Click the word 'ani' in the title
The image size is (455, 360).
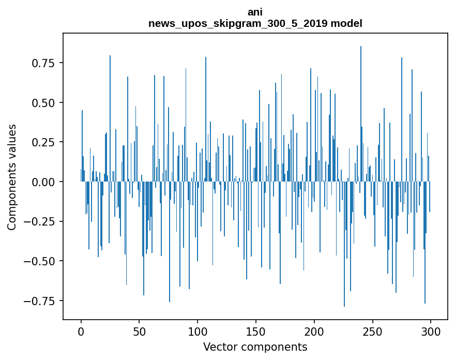click(255, 12)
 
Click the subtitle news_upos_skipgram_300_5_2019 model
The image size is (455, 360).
click(255, 23)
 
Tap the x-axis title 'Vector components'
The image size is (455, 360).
click(255, 347)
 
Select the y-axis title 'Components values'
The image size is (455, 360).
click(12, 177)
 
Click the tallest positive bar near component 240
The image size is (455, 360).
click(361, 114)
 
